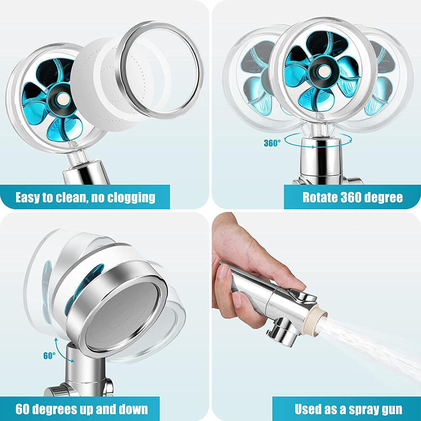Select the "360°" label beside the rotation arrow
pyautogui.click(x=272, y=143)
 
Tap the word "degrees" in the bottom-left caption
pyautogui.click(x=66, y=409)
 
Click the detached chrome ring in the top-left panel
pyautogui.click(x=160, y=67)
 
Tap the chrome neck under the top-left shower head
pyautogui.click(x=86, y=171)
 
